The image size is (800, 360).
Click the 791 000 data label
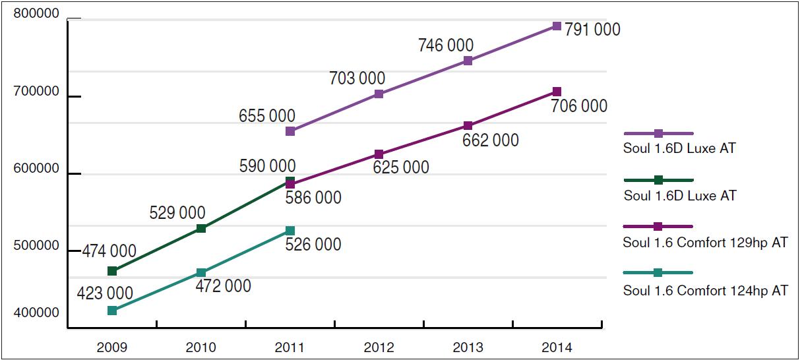(x=592, y=30)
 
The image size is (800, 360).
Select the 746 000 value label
(x=446, y=45)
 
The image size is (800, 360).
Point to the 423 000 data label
(x=106, y=293)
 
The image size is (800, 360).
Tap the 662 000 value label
(x=491, y=140)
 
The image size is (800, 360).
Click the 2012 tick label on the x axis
(x=379, y=347)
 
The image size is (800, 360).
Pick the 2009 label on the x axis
(x=111, y=347)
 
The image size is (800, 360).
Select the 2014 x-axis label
(x=557, y=347)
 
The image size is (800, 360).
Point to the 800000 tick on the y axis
(x=36, y=15)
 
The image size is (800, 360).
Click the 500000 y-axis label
(x=36, y=246)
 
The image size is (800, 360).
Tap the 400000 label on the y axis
(x=36, y=313)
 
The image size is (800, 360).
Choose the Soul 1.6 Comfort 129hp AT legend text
(x=705, y=243)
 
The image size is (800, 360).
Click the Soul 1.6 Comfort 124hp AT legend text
(x=705, y=290)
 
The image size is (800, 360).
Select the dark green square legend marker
(x=658, y=180)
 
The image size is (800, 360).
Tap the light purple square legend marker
(x=658, y=133)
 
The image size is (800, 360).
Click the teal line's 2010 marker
(x=201, y=273)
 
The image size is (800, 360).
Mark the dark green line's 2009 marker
(x=112, y=271)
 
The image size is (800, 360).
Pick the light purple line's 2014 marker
(x=557, y=26)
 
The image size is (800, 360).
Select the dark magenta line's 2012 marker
(x=379, y=154)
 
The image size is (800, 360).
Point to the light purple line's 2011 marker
(x=290, y=131)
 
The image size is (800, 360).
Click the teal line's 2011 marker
(x=290, y=231)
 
